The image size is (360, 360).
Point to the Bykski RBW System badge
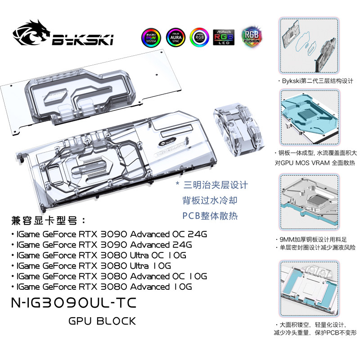click(151, 36)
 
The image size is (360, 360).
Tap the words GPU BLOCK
click(101, 321)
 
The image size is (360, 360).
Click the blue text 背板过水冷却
click(209, 199)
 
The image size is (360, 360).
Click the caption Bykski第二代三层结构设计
click(315, 82)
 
